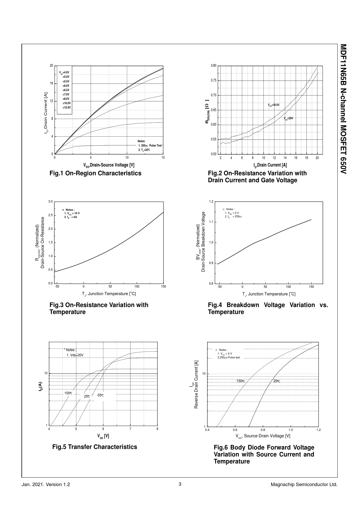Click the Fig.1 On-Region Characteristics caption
tap(96, 173)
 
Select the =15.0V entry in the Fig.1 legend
tap(66, 107)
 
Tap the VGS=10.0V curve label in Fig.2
tap(273, 105)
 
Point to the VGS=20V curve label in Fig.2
tap(289, 118)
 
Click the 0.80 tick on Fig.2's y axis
tap(213, 66)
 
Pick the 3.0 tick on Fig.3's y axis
tap(50, 201)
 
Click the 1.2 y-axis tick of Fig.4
tap(211, 201)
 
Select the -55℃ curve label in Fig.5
tap(100, 395)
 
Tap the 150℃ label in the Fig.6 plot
tap(241, 381)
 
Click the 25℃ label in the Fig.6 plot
tap(277, 381)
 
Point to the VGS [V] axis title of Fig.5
tap(103, 436)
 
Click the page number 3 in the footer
tap(180, 484)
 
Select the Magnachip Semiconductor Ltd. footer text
tap(304, 485)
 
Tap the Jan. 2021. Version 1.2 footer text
tap(46, 485)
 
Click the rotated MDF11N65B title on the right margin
tap(343, 109)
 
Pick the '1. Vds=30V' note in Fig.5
tap(75, 355)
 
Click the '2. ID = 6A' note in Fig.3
tap(71, 217)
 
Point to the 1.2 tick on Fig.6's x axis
tap(318, 430)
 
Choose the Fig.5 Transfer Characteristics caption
tap(95, 447)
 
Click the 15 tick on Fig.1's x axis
tap(163, 158)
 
